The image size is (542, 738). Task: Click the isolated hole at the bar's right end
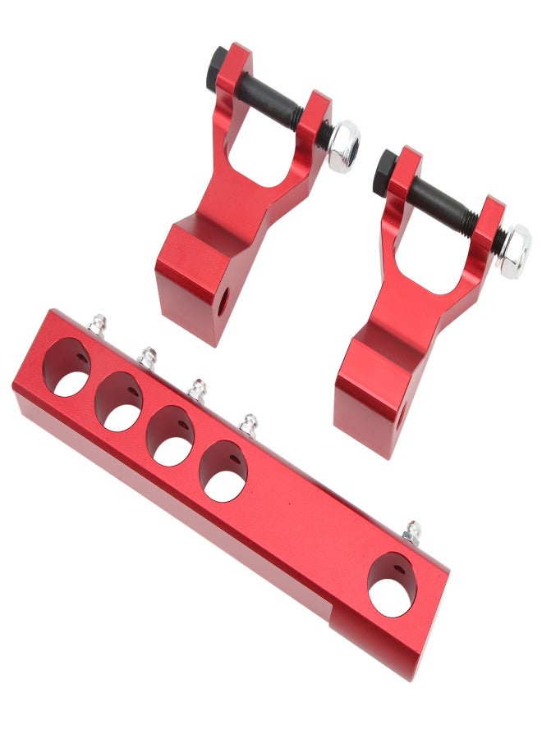pyautogui.click(x=392, y=585)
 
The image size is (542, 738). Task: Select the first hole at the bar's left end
pyautogui.click(x=67, y=367)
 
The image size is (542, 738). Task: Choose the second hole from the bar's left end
pyautogui.click(x=119, y=402)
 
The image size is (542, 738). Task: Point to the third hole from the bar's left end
pyautogui.click(x=171, y=436)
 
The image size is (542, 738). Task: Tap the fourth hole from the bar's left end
pyautogui.click(x=223, y=471)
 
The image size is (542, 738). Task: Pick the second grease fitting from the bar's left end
pyautogui.click(x=147, y=356)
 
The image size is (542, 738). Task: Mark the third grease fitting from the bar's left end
pyautogui.click(x=197, y=389)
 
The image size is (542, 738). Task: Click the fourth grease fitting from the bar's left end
pyautogui.click(x=248, y=423)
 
